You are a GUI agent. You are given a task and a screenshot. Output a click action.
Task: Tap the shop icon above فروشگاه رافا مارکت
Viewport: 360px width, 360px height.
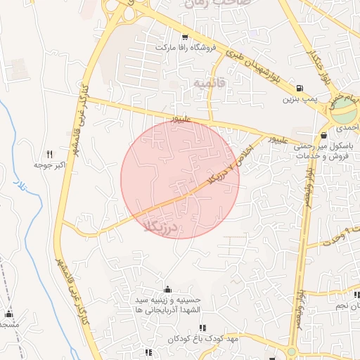pos(185,37)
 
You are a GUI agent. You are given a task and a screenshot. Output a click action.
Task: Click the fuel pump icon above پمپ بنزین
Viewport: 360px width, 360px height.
pos(300,89)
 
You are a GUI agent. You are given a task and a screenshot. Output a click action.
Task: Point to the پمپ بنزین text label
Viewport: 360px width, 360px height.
pos(297,100)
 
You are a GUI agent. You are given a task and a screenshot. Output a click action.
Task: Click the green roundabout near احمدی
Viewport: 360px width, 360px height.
pos(344,108)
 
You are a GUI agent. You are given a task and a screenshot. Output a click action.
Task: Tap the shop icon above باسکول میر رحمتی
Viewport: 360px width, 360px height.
pos(323,134)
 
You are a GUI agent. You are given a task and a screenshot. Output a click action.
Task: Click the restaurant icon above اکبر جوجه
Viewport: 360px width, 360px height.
pos(49,154)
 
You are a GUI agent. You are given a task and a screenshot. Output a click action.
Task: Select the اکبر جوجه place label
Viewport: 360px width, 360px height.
pos(48,165)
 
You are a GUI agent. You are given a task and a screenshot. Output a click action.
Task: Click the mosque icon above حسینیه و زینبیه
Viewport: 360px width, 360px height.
pos(167,289)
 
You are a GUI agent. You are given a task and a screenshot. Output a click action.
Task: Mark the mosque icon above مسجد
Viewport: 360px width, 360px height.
pos(9,314)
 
